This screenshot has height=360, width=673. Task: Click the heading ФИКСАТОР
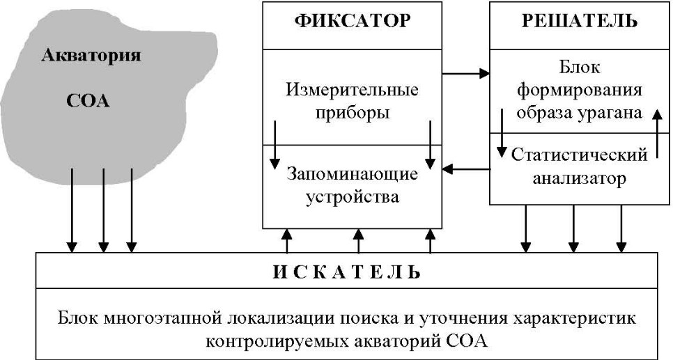(x=353, y=21)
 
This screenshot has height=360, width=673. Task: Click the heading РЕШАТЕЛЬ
(x=580, y=22)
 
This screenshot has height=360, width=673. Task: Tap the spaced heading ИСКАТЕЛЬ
(x=347, y=272)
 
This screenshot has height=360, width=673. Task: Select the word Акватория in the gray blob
(x=91, y=56)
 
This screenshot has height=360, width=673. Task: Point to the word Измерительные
(x=352, y=90)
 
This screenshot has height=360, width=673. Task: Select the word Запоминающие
(x=353, y=174)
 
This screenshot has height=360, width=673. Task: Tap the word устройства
(x=353, y=197)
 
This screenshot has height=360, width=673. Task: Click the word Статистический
(x=579, y=155)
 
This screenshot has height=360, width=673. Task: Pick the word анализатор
(x=580, y=178)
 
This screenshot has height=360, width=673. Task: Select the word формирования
(x=580, y=91)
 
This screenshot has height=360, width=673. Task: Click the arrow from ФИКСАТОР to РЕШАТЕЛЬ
(x=466, y=74)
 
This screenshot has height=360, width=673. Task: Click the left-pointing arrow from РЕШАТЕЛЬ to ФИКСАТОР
(x=466, y=169)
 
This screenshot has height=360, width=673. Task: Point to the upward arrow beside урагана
(x=656, y=134)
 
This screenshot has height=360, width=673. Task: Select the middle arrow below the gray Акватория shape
(x=103, y=210)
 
